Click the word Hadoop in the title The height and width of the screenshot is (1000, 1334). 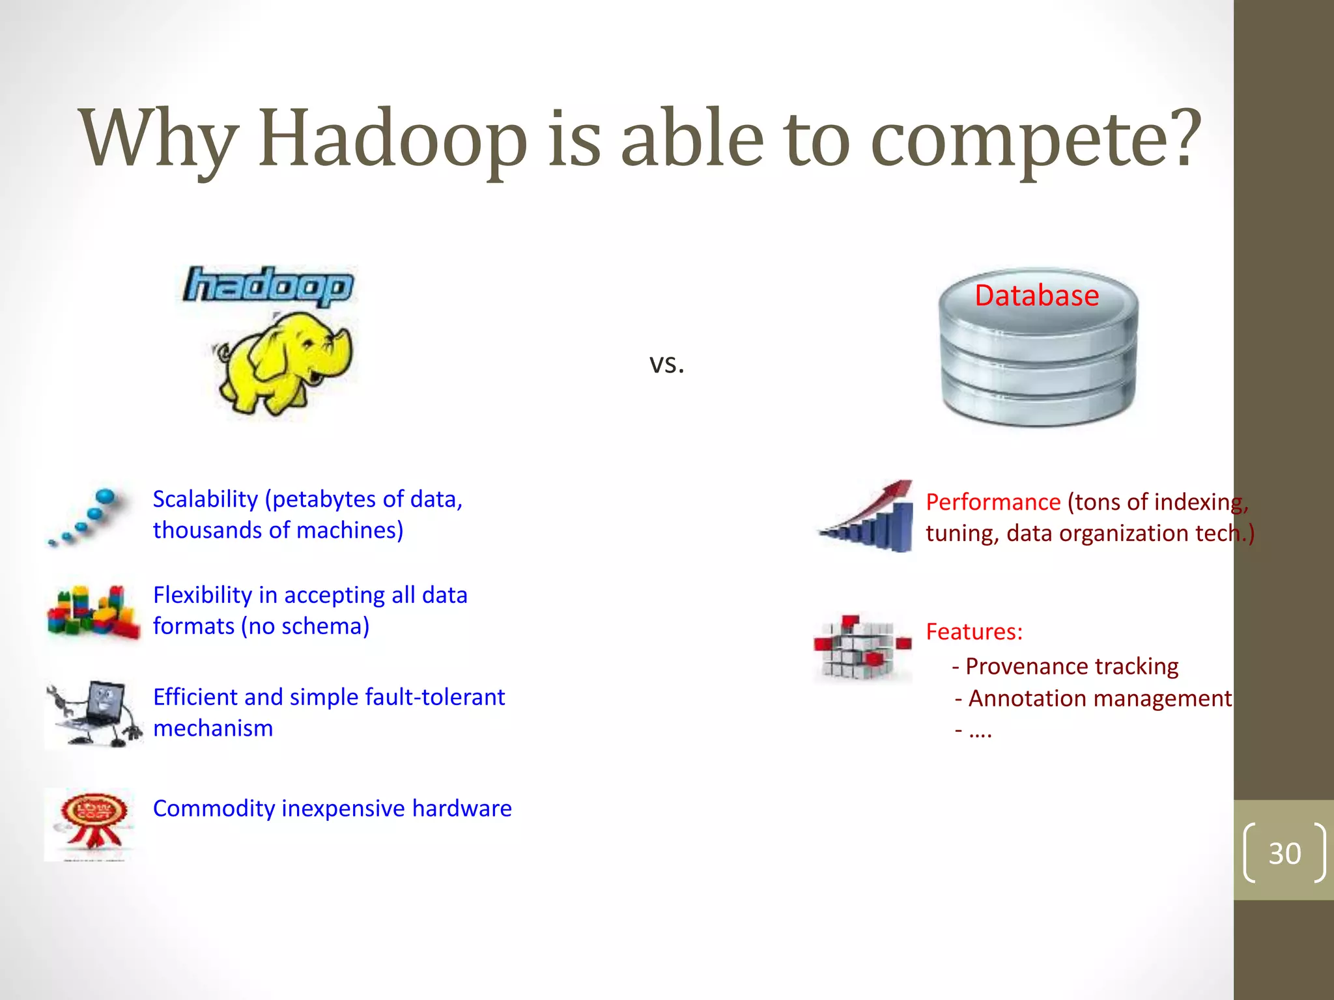pos(392,139)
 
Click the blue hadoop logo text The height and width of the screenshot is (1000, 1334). pos(268,286)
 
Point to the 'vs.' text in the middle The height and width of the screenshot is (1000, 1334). pos(666,364)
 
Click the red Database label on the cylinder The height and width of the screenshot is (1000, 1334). pos(1036,296)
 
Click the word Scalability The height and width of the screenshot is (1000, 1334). pos(205,499)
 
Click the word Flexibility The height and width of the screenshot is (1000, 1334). pos(202,595)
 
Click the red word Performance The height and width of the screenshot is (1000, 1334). pos(993,503)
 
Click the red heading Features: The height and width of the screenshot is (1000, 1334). pos(974,632)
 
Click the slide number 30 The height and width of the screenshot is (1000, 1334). pos(1284,853)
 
